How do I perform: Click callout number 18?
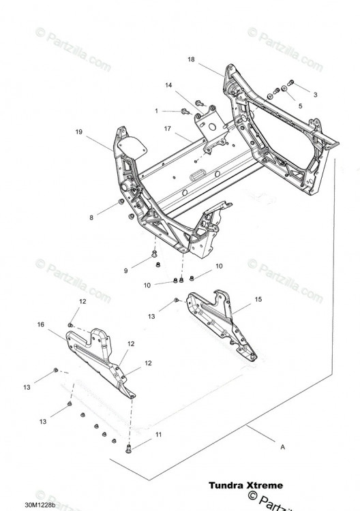191,59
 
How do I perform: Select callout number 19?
79,132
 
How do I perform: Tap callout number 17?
168,129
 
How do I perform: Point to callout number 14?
168,85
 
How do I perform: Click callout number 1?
156,111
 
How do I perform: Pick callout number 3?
315,95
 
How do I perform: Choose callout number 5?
300,106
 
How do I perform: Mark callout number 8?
91,218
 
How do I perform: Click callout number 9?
126,270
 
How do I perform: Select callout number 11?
158,435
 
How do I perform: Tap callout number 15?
258,300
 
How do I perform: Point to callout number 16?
41,324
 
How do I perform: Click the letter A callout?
283,447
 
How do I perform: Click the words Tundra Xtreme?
246,486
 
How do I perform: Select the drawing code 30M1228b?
40,505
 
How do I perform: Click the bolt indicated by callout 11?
128,449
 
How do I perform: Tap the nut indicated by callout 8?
121,202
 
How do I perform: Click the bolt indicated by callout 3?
290,82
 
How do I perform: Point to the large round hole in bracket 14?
213,127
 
